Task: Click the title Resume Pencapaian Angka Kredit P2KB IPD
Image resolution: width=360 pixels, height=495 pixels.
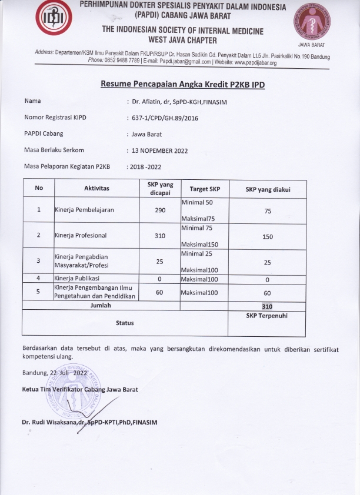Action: pyautogui.click(x=182, y=85)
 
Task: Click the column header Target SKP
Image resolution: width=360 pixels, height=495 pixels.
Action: pyautogui.click(x=205, y=189)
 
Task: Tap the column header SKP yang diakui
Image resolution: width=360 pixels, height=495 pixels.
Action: pyautogui.click(x=268, y=189)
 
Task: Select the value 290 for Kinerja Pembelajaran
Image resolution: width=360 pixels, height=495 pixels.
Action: pyautogui.click(x=160, y=210)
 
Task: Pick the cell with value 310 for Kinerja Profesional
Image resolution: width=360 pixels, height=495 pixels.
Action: pyautogui.click(x=160, y=236)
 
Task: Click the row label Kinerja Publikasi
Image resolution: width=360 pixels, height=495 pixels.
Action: pyautogui.click(x=78, y=277)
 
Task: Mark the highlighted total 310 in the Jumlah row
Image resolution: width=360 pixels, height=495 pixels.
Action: pyautogui.click(x=268, y=306)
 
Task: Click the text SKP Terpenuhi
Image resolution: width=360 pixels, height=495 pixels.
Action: pyautogui.click(x=267, y=316)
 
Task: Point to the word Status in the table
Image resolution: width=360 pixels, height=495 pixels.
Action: pyautogui.click(x=125, y=323)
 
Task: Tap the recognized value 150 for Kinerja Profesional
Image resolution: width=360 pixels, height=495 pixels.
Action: pyautogui.click(x=268, y=236)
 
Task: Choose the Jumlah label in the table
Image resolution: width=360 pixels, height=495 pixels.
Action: pyautogui.click(x=101, y=306)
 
